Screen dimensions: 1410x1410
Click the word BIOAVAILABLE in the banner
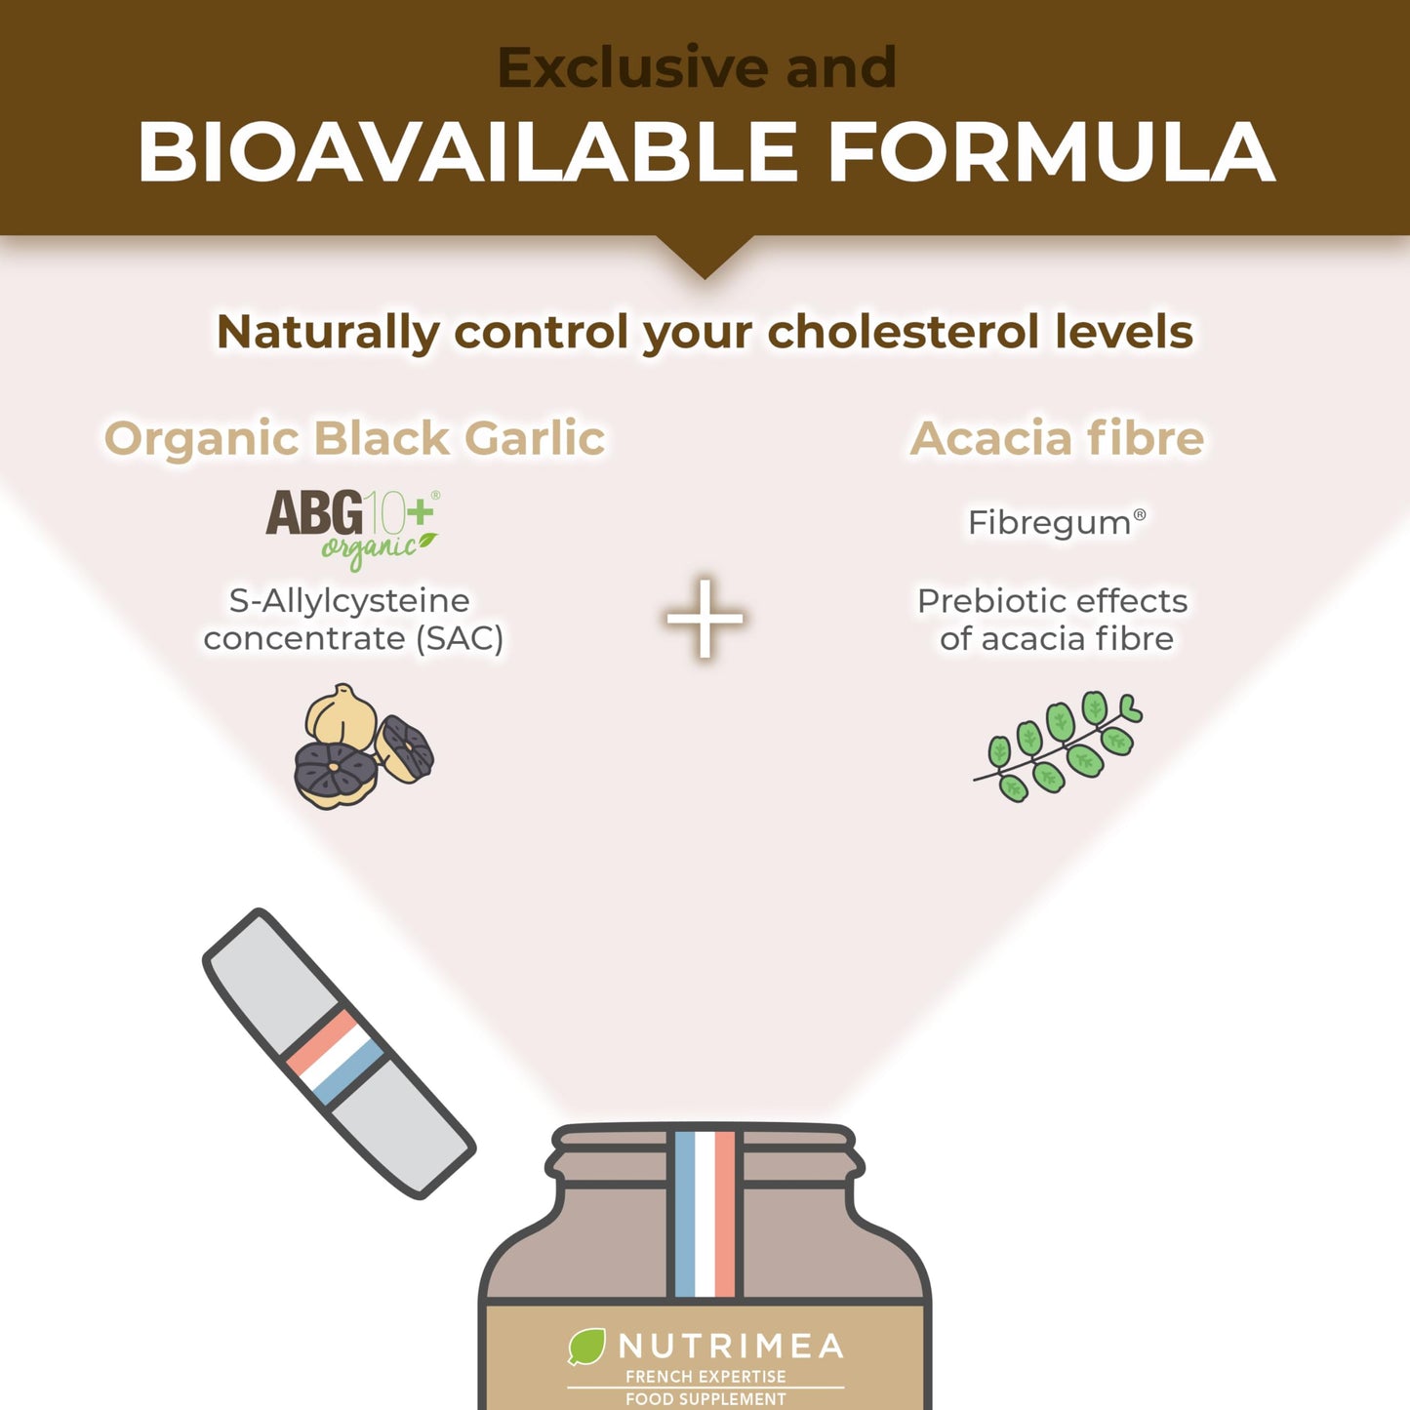[x=466, y=151]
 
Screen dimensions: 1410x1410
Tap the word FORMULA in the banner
[x=1051, y=151]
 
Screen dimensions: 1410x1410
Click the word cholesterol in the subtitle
[x=903, y=332]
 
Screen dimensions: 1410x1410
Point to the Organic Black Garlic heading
[x=355, y=438]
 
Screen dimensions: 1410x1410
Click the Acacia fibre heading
[x=1057, y=438]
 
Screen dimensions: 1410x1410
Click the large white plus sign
[x=705, y=619]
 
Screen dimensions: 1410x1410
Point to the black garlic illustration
[x=364, y=746]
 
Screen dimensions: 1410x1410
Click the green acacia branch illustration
[x=1058, y=746]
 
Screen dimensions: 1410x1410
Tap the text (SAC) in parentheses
[x=460, y=639]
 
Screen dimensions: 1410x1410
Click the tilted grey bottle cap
[x=339, y=1054]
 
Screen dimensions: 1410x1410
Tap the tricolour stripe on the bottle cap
[x=335, y=1057]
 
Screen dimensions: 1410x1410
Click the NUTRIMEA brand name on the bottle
[x=731, y=1347]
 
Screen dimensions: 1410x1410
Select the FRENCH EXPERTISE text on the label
[x=705, y=1377]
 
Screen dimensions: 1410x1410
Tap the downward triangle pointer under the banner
[x=705, y=255]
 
